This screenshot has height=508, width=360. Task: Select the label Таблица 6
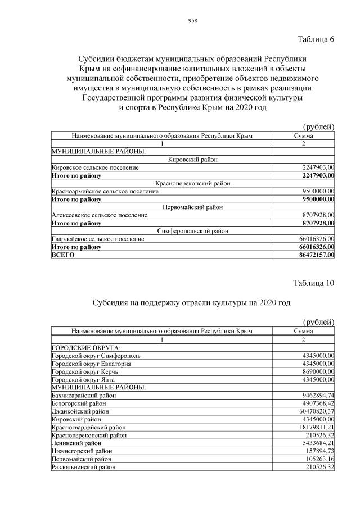[315, 39]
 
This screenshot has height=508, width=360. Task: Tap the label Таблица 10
[313, 283]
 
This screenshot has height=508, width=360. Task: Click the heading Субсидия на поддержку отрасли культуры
[191, 302]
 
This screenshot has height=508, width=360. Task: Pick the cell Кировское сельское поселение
[95, 167]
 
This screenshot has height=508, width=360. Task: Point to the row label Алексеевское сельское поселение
[100, 215]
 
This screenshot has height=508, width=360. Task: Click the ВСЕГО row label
[63, 255]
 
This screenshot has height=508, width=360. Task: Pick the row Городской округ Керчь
[84, 371]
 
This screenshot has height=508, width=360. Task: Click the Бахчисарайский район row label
[84, 396]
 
